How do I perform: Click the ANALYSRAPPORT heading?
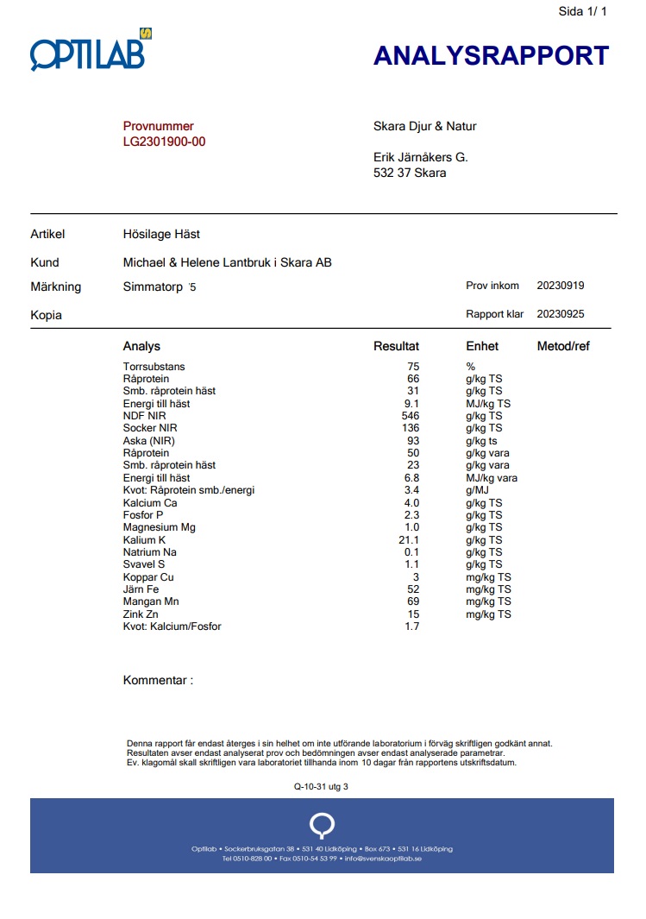[491, 56]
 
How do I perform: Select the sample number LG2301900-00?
[164, 142]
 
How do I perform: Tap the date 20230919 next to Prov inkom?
[560, 286]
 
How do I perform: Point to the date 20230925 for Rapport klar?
[560, 314]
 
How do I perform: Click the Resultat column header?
[396, 346]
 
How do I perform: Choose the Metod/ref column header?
[562, 346]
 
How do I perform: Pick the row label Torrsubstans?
[154, 367]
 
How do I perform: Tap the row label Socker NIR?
[152, 428]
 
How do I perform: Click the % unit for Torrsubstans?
[470, 367]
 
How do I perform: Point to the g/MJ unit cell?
[478, 490]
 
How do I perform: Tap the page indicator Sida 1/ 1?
[583, 11]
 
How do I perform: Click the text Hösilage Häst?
[161, 234]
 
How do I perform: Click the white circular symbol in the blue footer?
[322, 825]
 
